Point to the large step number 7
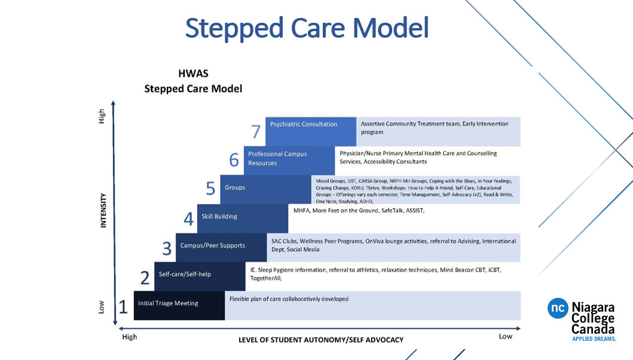pos(256,132)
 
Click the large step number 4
pos(188,219)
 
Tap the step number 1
pos(123,307)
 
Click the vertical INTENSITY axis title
pos(103,210)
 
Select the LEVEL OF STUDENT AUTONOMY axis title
pos(320,340)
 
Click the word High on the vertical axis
pos(102,116)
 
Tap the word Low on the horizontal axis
pos(506,337)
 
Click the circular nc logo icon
pos(557,308)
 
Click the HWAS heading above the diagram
pos(192,74)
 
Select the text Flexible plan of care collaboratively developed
pos(289,298)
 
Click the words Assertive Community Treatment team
pos(410,124)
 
